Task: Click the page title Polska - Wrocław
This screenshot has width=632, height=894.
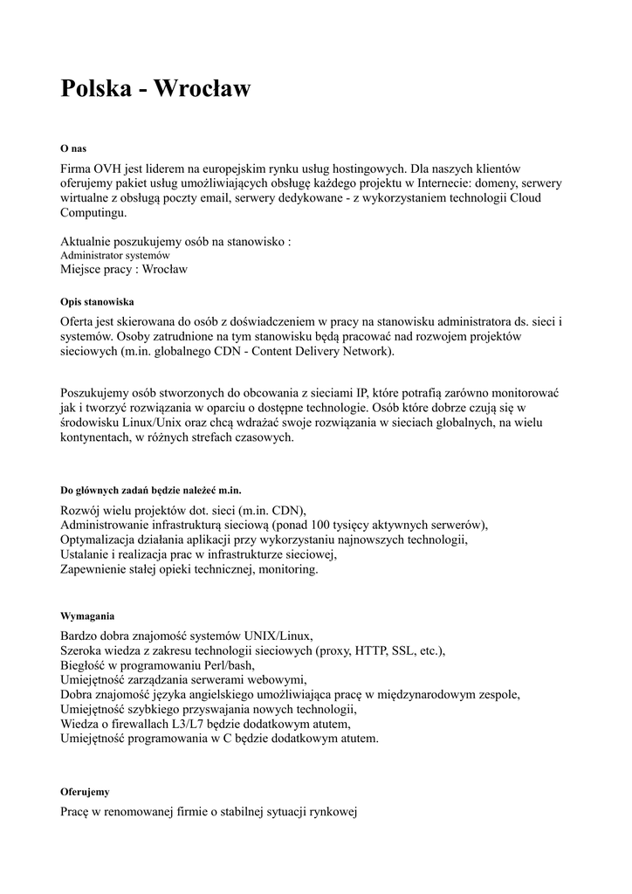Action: point(155,89)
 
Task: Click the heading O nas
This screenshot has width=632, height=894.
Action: point(73,148)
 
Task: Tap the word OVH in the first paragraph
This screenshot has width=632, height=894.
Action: point(111,168)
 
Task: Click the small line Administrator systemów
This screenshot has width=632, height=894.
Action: point(115,255)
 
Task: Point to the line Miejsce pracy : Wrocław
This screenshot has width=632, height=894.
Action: point(124,270)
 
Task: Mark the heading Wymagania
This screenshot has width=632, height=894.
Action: point(87,615)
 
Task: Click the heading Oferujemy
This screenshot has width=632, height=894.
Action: point(85,791)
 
